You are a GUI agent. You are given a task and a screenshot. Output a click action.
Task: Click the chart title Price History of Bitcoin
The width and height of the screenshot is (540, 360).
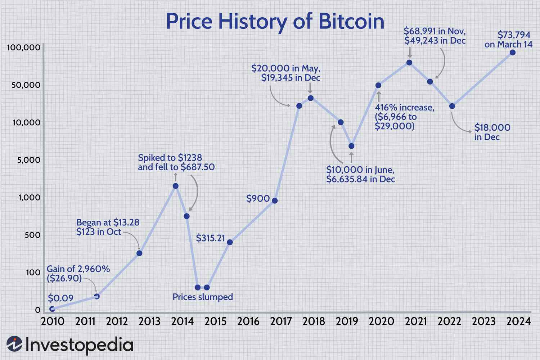(275, 22)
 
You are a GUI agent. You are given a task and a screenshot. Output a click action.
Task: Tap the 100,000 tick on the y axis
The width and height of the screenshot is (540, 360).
(23, 48)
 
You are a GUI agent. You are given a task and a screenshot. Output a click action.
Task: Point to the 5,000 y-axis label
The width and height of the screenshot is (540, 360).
(29, 160)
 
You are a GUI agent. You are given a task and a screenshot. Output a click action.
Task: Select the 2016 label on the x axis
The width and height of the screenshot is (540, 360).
(248, 321)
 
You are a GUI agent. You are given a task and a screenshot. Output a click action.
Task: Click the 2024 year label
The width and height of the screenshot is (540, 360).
(518, 321)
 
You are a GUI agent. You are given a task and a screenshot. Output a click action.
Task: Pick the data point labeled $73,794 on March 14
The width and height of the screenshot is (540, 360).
(513, 53)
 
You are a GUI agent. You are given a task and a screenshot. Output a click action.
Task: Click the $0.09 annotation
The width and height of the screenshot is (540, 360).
(60, 298)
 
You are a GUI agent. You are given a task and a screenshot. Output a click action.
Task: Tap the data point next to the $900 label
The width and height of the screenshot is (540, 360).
(275, 201)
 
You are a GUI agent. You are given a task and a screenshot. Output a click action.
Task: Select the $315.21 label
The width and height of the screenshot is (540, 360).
(210, 238)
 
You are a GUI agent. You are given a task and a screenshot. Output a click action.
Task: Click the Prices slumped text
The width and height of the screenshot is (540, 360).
(203, 297)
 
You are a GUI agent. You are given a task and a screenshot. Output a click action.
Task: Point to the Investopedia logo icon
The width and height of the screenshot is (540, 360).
(14, 344)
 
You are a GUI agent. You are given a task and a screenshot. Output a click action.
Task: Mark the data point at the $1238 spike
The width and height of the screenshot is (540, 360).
(175, 186)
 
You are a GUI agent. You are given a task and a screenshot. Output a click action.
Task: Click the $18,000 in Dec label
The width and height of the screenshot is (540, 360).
(492, 132)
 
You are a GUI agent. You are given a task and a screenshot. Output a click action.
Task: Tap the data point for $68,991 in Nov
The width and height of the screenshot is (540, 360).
(409, 63)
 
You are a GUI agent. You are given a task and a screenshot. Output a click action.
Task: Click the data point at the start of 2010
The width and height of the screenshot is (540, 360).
(52, 309)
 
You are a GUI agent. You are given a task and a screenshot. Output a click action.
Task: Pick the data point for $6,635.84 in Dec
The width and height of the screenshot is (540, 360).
(351, 146)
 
